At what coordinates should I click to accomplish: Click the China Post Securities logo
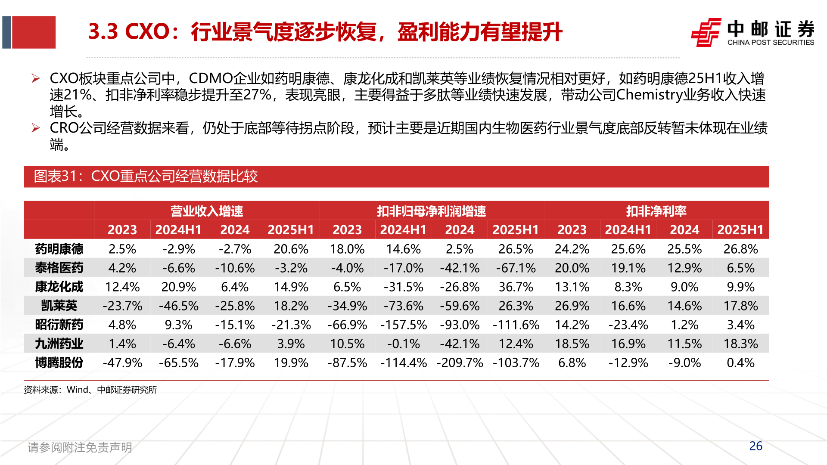coord(752,32)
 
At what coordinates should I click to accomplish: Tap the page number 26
coord(755,446)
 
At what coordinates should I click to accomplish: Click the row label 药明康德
coord(59,249)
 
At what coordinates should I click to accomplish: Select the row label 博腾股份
coord(59,363)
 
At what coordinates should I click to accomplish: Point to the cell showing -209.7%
coord(460,363)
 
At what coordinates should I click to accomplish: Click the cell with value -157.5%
coord(403,325)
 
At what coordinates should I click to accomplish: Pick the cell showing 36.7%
coord(516,287)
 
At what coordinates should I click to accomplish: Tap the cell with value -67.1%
coord(516,268)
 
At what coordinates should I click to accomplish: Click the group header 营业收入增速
coord(207,211)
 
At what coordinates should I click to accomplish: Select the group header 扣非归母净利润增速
coord(431,211)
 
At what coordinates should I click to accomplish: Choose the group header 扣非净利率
coord(656,211)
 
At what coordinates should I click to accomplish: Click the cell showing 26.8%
coord(740,249)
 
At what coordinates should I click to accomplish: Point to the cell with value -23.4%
coord(628,325)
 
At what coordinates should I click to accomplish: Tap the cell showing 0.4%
coord(740,363)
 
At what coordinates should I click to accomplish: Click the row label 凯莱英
coord(59,306)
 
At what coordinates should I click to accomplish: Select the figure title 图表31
coord(146,176)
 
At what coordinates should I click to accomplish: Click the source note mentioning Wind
coord(90,390)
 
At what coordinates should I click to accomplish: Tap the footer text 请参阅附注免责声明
coord(80,447)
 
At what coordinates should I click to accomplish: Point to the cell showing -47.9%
coord(122,363)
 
